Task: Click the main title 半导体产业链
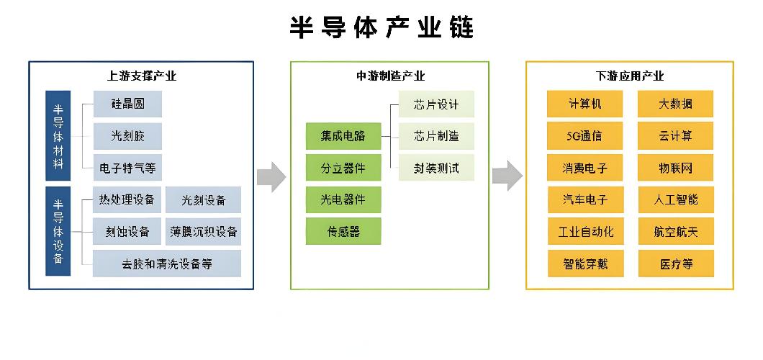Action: tap(381, 27)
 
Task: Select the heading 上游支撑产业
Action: tap(141, 76)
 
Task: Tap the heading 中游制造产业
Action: tap(390, 76)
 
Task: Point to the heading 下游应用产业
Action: tap(629, 76)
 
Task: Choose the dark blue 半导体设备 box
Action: tap(58, 230)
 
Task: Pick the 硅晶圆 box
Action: tap(127, 104)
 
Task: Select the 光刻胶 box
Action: tap(127, 136)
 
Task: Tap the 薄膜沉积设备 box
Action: tap(204, 232)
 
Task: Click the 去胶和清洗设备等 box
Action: tap(167, 264)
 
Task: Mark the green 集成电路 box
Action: tap(343, 136)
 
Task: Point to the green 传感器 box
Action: tap(343, 232)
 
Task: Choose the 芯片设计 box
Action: tap(436, 104)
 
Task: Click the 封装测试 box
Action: tap(436, 168)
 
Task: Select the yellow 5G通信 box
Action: tap(584, 136)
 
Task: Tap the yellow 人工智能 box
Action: tap(675, 199)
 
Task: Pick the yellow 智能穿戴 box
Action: tap(584, 264)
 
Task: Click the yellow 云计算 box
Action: tap(675, 136)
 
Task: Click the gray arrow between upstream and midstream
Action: tap(271, 176)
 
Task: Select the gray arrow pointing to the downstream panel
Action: tap(507, 176)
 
